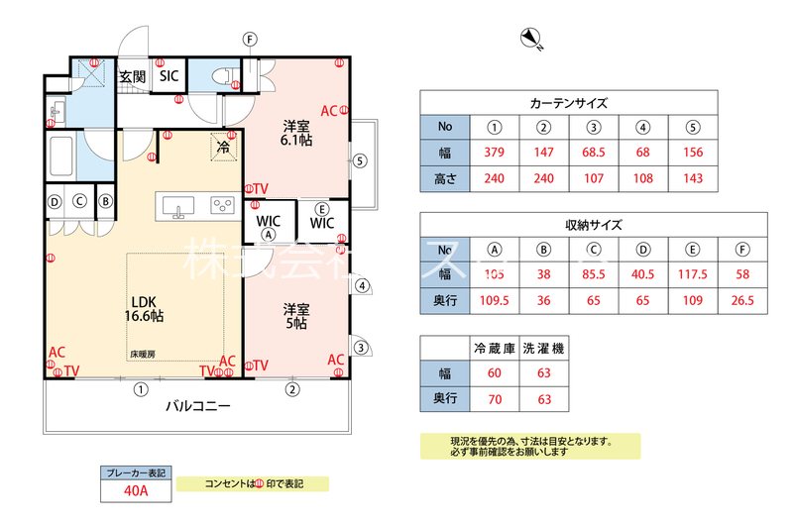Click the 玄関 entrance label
click(132, 76)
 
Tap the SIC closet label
click(169, 76)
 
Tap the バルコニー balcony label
click(197, 406)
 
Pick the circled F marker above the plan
click(250, 39)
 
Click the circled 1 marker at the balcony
click(142, 389)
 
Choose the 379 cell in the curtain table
click(495, 154)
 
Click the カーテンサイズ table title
click(568, 103)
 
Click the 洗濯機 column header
click(543, 348)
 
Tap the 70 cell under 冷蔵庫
click(495, 399)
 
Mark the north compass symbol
click(531, 39)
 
